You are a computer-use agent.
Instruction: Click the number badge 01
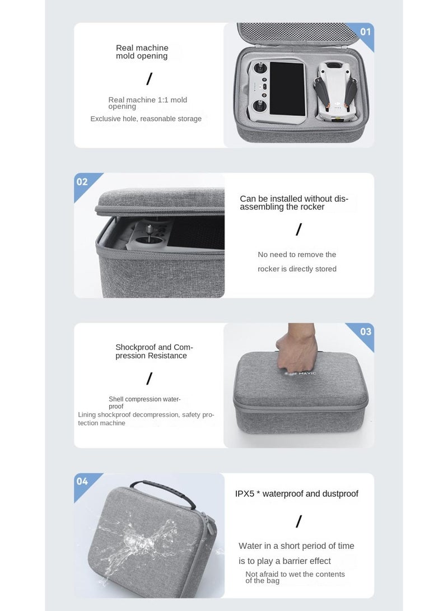365,32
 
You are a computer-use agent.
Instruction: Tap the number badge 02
82,181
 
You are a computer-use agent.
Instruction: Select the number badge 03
365,332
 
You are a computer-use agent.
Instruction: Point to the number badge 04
82,482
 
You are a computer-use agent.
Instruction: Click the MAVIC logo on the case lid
302,373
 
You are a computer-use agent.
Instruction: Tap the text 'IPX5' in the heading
245,494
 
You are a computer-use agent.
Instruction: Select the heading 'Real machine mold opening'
142,52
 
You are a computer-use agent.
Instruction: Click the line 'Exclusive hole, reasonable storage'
146,119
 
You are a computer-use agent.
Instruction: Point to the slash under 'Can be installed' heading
298,230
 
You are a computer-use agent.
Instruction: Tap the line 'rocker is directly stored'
297,269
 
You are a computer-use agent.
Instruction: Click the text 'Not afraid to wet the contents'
295,574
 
